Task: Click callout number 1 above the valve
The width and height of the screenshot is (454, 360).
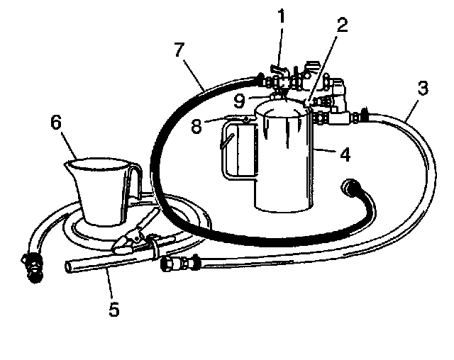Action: (x=280, y=14)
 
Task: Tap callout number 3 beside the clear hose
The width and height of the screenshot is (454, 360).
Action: (x=421, y=89)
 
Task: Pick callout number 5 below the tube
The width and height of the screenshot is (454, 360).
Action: (x=113, y=309)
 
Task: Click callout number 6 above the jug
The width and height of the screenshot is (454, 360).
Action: (x=55, y=123)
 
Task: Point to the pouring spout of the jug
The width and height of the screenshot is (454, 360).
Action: (x=70, y=166)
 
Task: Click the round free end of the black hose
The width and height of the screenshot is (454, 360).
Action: (x=350, y=189)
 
